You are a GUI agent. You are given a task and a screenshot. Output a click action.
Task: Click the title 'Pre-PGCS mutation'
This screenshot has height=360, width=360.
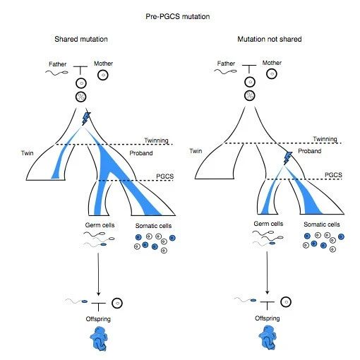pyautogui.click(x=178, y=16)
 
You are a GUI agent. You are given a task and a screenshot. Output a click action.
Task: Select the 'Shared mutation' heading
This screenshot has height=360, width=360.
pyautogui.click(x=81, y=39)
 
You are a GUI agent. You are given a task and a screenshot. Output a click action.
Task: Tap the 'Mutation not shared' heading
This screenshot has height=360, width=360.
pyautogui.click(x=270, y=39)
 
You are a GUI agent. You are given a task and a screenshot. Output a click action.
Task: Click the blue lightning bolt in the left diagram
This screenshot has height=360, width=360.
pyautogui.click(x=86, y=119)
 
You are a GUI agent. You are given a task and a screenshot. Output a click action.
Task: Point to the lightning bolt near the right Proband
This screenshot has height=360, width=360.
pyautogui.click(x=287, y=158)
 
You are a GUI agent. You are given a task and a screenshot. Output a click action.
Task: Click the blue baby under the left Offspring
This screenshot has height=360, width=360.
pyautogui.click(x=99, y=338)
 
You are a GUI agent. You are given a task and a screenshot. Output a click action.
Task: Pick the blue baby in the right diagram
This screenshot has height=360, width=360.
pyautogui.click(x=268, y=337)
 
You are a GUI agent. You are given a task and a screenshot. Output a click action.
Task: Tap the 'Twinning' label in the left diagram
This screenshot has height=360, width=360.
pyautogui.click(x=156, y=140)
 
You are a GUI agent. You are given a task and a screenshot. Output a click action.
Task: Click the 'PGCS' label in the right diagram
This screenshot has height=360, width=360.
pyautogui.click(x=333, y=175)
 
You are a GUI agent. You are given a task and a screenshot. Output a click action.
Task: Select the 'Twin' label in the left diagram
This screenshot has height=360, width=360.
pyautogui.click(x=28, y=153)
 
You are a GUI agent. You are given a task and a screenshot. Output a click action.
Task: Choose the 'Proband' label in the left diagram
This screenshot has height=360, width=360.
pyautogui.click(x=141, y=153)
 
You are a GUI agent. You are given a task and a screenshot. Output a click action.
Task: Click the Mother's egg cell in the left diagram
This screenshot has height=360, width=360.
pyautogui.click(x=103, y=76)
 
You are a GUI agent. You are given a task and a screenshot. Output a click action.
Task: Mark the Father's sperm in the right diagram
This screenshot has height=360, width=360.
pyautogui.click(x=225, y=71)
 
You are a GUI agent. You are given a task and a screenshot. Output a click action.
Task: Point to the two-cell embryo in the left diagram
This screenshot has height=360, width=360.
pyautogui.click(x=81, y=97)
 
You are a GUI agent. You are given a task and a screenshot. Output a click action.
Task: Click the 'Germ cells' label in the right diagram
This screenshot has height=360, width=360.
pyautogui.click(x=268, y=224)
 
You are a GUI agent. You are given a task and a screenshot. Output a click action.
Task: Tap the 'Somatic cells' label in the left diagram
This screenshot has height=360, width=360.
pyautogui.click(x=153, y=226)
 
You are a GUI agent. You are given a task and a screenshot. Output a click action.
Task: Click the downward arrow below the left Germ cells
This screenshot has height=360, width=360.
pyautogui.click(x=98, y=274)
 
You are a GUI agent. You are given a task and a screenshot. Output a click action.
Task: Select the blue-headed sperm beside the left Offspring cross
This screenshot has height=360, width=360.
pyautogui.click(x=76, y=301)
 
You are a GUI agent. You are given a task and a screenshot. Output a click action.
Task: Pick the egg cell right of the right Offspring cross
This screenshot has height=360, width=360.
pyautogui.click(x=286, y=302)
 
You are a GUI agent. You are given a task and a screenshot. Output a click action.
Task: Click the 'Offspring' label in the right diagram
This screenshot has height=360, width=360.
pyautogui.click(x=268, y=318)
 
